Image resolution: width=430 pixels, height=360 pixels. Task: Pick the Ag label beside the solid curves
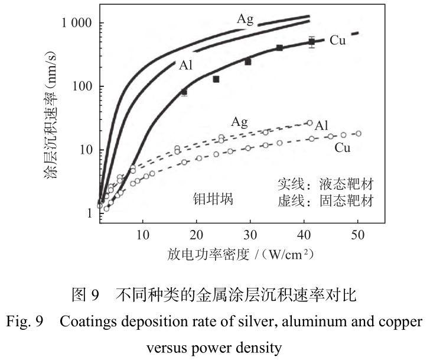click(x=245, y=19)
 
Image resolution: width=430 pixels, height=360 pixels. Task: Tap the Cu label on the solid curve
click(x=337, y=40)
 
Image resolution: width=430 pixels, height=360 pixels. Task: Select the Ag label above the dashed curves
click(x=239, y=122)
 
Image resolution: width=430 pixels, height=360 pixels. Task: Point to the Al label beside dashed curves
click(x=321, y=125)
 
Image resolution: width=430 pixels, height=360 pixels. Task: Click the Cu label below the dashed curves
click(x=342, y=148)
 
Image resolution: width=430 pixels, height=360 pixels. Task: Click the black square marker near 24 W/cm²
click(x=216, y=79)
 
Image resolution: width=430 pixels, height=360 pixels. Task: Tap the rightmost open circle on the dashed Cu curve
click(x=358, y=134)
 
